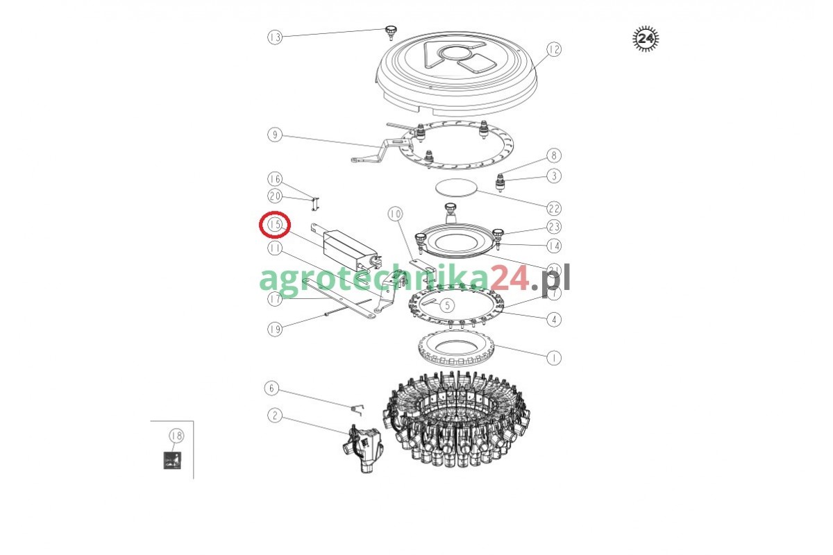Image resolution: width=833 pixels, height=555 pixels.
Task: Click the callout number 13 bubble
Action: coord(275,37)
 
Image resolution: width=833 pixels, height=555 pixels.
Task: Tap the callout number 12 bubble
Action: coord(554,49)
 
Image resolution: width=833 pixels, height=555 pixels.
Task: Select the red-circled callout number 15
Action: coord(275,224)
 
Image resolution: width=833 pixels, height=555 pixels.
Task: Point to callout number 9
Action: coord(275,134)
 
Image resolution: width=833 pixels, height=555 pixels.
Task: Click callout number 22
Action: coord(554,208)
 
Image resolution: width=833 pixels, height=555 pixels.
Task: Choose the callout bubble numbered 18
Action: coord(176,435)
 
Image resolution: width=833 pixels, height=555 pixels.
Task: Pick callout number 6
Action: coord(271,388)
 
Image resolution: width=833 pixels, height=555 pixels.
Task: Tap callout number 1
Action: coord(554,358)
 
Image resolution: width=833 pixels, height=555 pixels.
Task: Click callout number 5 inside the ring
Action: coord(447,305)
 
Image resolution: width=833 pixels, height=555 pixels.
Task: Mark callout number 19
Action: coord(275,329)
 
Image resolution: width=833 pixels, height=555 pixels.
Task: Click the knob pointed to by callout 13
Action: coord(391,33)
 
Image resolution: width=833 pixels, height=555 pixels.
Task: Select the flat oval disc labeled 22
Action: coord(456,187)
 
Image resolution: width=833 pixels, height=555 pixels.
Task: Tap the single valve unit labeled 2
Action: coord(362,449)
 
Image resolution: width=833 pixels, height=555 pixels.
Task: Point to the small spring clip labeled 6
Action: coord(357,409)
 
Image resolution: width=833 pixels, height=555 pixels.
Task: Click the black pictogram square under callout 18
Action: coord(172,460)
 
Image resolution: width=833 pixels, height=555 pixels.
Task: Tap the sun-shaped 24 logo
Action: coord(646,39)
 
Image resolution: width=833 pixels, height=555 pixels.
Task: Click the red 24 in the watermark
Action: coord(509,278)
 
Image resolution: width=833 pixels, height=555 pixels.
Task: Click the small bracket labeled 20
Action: coord(315,204)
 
